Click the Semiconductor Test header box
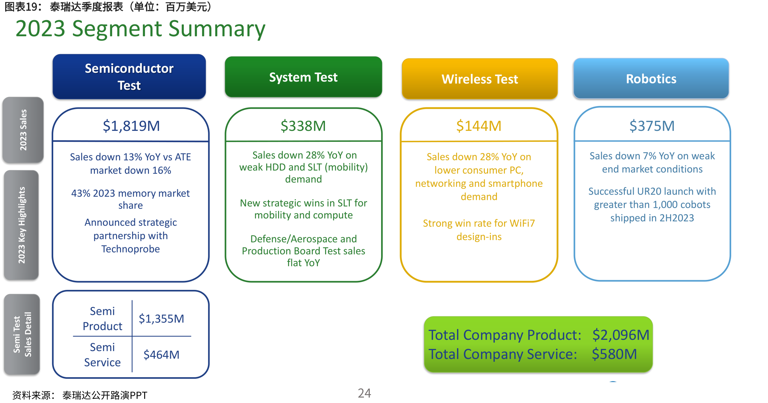pos(129,76)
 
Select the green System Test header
pos(303,77)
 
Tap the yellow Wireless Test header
pos(479,79)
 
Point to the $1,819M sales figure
pos(131,126)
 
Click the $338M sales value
pos(303,126)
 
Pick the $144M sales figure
pos(479,126)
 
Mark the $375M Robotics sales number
pos(652,126)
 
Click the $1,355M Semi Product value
pos(161,319)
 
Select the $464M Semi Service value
pos(161,355)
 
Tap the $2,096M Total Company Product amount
pos(621,335)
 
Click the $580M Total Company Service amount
pos(614,354)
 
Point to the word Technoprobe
pos(131,249)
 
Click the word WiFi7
pos(522,223)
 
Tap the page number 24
pos(364,393)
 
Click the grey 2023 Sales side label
pos(23,130)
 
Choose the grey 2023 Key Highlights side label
pos(22,225)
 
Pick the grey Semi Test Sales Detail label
pos(22,334)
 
